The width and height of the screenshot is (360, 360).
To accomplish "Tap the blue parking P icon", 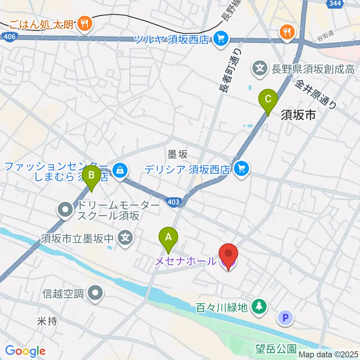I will point(285,318).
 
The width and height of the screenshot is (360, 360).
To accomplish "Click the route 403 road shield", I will point(173,202).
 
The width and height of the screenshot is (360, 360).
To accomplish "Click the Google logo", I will point(25,351).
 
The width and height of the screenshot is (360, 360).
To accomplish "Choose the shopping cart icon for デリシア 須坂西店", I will point(241,169).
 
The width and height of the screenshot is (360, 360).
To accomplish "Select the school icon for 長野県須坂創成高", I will point(260,69).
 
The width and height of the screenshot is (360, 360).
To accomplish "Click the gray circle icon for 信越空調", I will point(95,293).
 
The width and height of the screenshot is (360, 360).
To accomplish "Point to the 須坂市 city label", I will point(298,115).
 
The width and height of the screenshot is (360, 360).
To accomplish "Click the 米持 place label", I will point(47,321).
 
